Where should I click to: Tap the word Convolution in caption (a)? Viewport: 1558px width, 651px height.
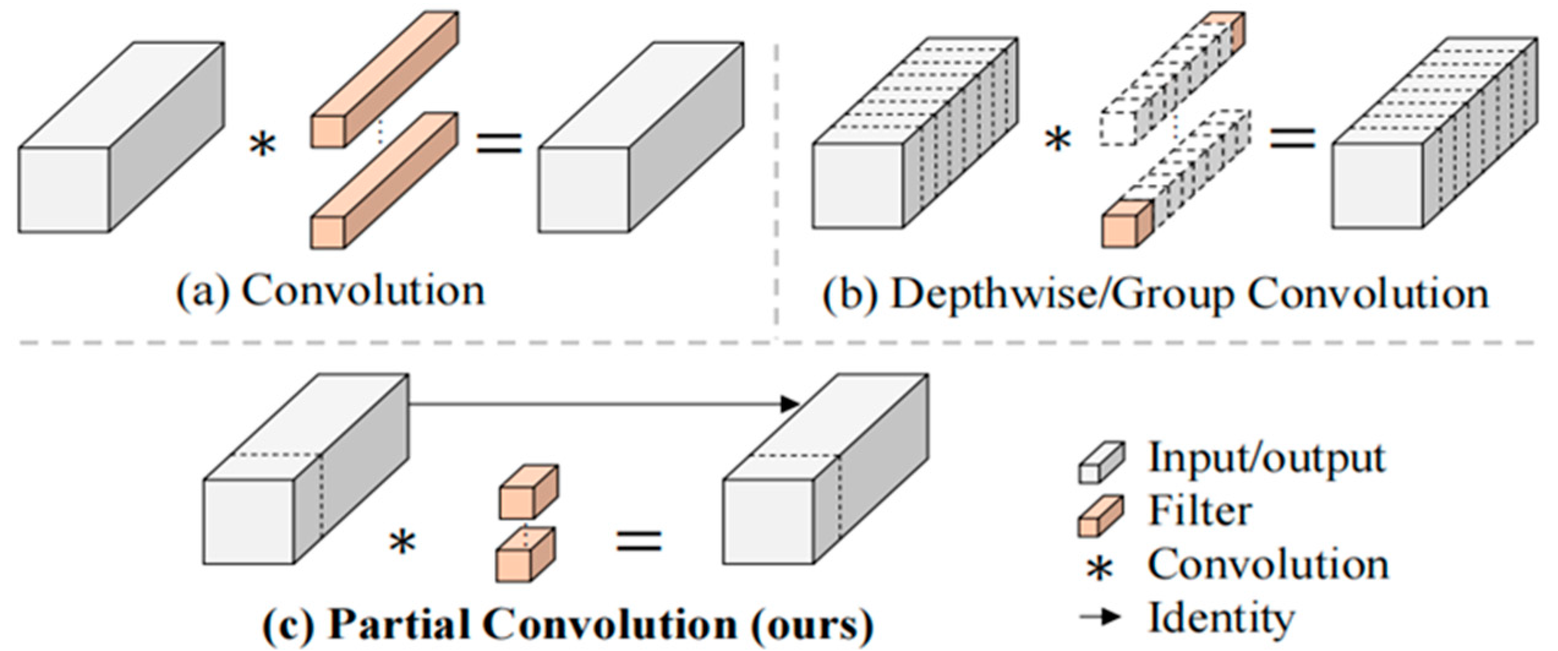pos(363,292)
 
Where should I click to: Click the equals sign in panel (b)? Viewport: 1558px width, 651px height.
pos(1293,139)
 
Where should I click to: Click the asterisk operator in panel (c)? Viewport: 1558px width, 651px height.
pos(402,543)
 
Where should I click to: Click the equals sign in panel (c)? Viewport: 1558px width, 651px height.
pos(639,541)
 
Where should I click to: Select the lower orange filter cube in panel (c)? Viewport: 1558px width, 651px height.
pos(525,556)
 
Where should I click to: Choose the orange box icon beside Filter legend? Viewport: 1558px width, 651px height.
pos(1100,516)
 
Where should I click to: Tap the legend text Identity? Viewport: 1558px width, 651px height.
pos(1221,618)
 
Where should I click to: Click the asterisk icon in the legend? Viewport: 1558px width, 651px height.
pos(1100,571)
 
